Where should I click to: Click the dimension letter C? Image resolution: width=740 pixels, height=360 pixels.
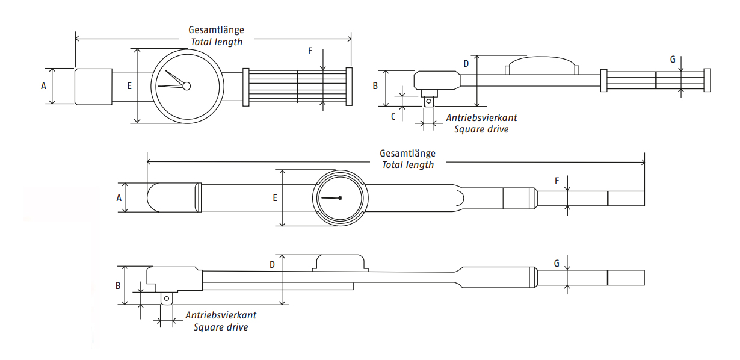tap(393, 117)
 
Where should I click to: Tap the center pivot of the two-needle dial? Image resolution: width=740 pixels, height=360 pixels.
tap(187, 86)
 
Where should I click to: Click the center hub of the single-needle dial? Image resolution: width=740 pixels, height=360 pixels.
tap(340, 198)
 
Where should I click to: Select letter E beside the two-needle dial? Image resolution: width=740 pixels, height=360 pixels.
tap(129, 86)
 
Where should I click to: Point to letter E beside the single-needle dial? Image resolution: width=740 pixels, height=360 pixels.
tap(275, 197)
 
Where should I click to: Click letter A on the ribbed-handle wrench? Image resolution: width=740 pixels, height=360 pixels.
tap(43, 86)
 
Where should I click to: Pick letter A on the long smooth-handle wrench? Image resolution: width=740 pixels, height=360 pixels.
tap(119, 197)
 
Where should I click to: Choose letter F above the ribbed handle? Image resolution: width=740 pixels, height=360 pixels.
tap(310, 51)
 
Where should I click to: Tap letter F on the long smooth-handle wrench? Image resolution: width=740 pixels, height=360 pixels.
tap(557, 181)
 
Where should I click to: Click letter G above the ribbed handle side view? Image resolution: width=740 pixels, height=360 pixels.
tap(673, 59)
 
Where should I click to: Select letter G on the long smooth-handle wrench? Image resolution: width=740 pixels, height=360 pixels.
tap(557, 264)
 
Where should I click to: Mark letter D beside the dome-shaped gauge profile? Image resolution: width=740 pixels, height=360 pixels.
tap(465, 63)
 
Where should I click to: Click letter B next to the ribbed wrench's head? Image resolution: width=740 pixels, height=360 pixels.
tap(375, 86)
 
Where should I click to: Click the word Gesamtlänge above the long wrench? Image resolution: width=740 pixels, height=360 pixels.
tap(407, 154)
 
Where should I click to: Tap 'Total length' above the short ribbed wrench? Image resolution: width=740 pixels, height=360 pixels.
tap(217, 42)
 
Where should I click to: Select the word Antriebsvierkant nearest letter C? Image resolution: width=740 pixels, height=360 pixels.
tap(482, 118)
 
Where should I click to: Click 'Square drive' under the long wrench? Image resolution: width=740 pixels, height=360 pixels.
tap(221, 327)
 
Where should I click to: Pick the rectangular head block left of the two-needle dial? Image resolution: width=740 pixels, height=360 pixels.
tap(93, 87)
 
